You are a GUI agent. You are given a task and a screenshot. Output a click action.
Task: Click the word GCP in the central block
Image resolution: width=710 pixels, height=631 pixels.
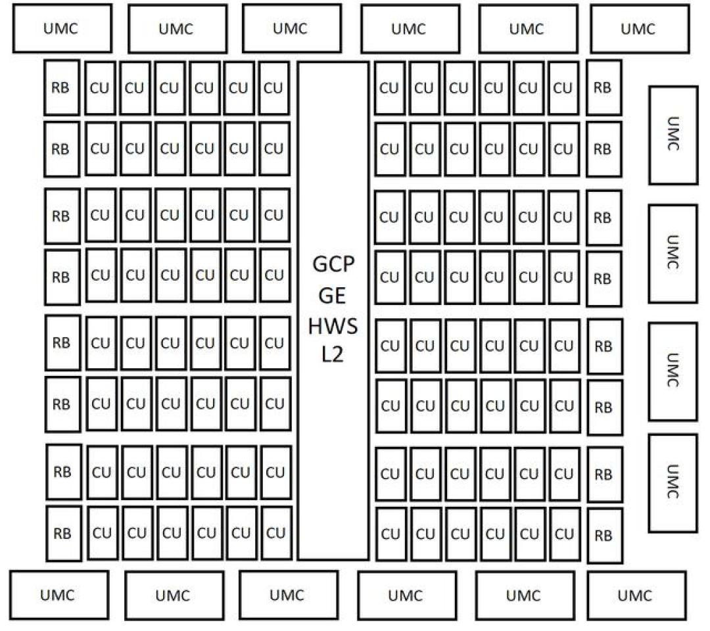(333, 264)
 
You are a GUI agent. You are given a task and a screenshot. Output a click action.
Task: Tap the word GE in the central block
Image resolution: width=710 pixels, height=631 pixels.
(333, 296)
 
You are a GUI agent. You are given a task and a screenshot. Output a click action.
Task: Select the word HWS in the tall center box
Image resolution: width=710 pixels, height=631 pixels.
(333, 326)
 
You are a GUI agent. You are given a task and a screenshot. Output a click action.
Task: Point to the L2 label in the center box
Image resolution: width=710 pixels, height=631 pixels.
(333, 354)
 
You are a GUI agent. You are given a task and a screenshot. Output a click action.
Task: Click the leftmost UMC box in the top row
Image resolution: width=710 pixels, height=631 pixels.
(62, 28)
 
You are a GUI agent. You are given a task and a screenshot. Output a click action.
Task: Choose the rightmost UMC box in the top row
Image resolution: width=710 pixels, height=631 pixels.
(640, 29)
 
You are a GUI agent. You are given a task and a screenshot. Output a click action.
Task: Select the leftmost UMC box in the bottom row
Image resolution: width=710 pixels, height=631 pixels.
(59, 595)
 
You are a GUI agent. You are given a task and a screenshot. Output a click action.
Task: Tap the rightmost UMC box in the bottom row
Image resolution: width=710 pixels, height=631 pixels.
(637, 596)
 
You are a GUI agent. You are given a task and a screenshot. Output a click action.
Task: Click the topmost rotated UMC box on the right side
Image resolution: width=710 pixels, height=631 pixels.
(673, 135)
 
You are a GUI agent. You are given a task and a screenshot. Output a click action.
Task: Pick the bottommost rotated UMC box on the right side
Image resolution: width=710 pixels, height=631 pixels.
(673, 483)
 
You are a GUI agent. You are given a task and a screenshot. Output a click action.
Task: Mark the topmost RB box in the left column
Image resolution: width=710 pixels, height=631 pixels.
(62, 87)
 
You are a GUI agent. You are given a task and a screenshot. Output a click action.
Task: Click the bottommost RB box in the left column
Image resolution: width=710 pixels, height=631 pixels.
(64, 533)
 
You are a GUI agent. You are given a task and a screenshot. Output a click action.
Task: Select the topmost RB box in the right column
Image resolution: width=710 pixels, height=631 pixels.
(604, 87)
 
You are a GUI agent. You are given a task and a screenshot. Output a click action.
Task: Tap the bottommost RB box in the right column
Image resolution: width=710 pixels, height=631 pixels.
(605, 536)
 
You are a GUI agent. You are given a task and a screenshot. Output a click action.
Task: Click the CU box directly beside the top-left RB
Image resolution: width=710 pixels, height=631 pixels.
(100, 88)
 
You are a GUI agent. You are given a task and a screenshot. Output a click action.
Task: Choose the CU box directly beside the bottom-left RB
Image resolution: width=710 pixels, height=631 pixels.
(103, 533)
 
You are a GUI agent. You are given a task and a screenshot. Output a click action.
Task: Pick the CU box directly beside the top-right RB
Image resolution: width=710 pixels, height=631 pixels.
(563, 88)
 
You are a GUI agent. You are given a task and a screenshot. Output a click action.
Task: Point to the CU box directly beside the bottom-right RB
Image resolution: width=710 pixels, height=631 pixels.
(565, 534)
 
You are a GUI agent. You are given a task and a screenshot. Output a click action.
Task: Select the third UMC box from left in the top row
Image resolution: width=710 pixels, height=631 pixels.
(292, 28)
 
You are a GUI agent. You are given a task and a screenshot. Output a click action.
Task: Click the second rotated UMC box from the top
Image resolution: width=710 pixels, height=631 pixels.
(673, 254)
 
